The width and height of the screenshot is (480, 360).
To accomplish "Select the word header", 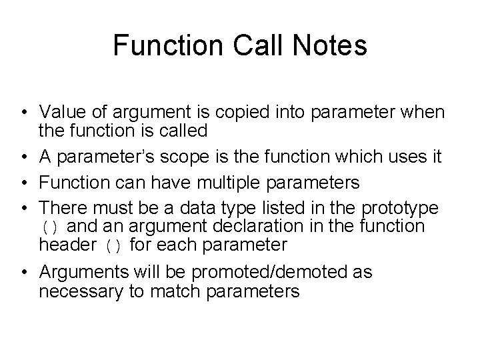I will click(x=67, y=245).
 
